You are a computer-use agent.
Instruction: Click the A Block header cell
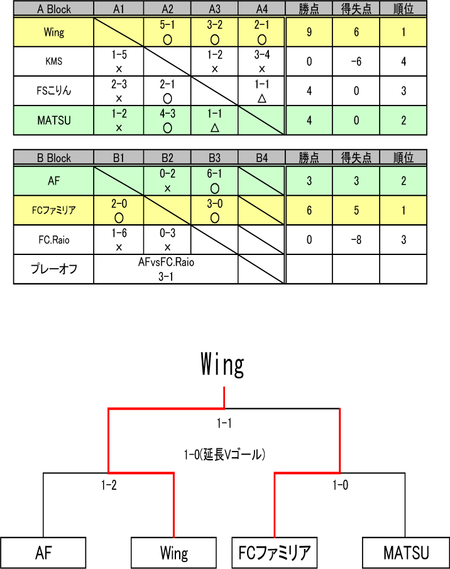pyautogui.click(x=53, y=9)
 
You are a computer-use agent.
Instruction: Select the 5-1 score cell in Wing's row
pyautogui.click(x=167, y=32)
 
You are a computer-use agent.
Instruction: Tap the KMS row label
pyautogui.click(x=53, y=62)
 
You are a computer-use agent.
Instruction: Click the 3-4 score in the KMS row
pyautogui.click(x=262, y=61)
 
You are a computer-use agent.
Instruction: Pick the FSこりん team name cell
pyautogui.click(x=53, y=90)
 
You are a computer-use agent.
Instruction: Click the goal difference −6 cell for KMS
pyautogui.click(x=356, y=62)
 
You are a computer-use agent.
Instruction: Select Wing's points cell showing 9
pyautogui.click(x=309, y=32)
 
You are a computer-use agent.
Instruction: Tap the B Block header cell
pyautogui.click(x=53, y=158)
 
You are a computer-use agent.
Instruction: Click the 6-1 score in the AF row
pyautogui.click(x=214, y=181)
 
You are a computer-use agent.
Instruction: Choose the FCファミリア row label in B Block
pyautogui.click(x=53, y=210)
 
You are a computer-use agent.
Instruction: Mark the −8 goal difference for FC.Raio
pyautogui.click(x=356, y=239)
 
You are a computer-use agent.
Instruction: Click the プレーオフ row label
pyautogui.click(x=53, y=269)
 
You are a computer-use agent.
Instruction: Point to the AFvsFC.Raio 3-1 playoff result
pyautogui.click(x=166, y=269)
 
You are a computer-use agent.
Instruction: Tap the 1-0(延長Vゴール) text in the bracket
pyautogui.click(x=224, y=452)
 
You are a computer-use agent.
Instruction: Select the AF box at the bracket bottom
pyautogui.click(x=43, y=553)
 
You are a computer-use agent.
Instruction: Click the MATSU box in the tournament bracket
pyautogui.click(x=406, y=553)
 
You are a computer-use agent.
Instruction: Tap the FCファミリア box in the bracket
pyautogui.click(x=274, y=553)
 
